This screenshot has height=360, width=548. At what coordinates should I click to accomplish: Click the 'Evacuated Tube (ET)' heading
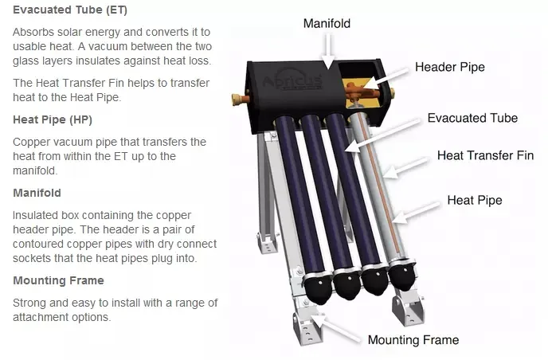(69, 10)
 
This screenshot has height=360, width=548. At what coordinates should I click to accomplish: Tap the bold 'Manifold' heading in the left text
(37, 193)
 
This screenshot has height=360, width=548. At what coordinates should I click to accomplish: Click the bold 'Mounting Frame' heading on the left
(58, 280)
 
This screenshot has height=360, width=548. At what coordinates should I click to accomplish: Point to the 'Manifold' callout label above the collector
(327, 23)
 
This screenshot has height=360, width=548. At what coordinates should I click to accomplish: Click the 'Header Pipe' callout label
(449, 67)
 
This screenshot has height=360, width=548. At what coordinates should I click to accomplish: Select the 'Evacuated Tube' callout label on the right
(472, 118)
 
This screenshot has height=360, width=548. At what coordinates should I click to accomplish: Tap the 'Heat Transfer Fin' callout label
(485, 155)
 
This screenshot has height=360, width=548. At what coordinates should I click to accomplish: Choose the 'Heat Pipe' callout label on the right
(475, 200)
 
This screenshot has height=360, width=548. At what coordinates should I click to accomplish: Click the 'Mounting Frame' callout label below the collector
(413, 340)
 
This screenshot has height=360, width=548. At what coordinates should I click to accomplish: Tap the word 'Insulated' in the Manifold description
(37, 216)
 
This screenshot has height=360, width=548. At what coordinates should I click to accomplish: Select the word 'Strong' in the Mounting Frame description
(30, 303)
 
